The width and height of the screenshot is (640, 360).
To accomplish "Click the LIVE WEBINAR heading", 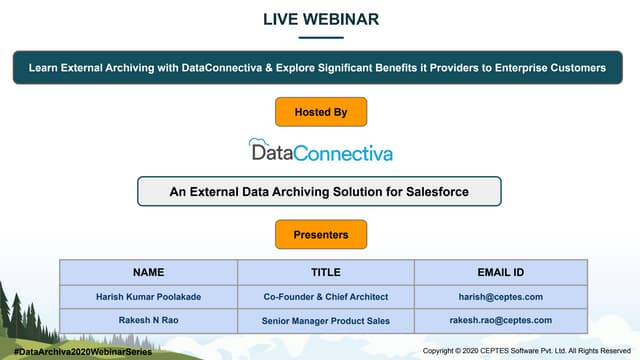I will (320, 19).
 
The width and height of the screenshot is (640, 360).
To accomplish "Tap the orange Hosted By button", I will (320, 112).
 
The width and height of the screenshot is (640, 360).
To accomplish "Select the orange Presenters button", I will (320, 235).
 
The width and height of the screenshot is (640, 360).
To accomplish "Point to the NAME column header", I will (148, 272).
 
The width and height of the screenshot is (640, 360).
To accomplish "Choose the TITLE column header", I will (325, 272).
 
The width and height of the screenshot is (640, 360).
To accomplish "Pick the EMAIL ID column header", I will (500, 272).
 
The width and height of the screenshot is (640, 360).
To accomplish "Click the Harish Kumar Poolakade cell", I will (148, 297).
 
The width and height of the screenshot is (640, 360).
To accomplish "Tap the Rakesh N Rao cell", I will (148, 321).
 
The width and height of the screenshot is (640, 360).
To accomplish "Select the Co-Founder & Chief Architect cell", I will (325, 297).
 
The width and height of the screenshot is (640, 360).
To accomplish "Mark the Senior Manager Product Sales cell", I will (325, 321).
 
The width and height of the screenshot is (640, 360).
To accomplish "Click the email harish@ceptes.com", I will (500, 297).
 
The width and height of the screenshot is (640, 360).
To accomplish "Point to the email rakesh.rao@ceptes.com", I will (500, 321).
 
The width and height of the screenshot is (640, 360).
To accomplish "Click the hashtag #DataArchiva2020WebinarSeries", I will (76, 352).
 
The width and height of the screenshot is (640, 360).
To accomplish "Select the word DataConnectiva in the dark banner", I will (222, 68).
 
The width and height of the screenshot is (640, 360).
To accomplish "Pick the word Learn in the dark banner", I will (44, 68).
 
